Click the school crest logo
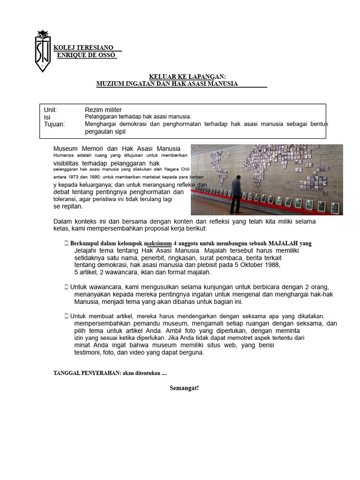coord(42,51)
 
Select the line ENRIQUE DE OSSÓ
coord(86,55)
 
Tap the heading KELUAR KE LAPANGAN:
coord(187,76)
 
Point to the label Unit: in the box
coord(50,110)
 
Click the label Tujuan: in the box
coord(54,124)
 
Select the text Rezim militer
coord(103,110)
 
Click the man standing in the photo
coord(236,194)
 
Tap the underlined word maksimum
coord(158,243)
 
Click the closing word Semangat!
coord(184,388)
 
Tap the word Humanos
coord(63,155)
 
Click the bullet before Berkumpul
coord(67,243)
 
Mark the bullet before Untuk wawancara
coord(67,286)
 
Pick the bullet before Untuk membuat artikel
coord(67,317)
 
